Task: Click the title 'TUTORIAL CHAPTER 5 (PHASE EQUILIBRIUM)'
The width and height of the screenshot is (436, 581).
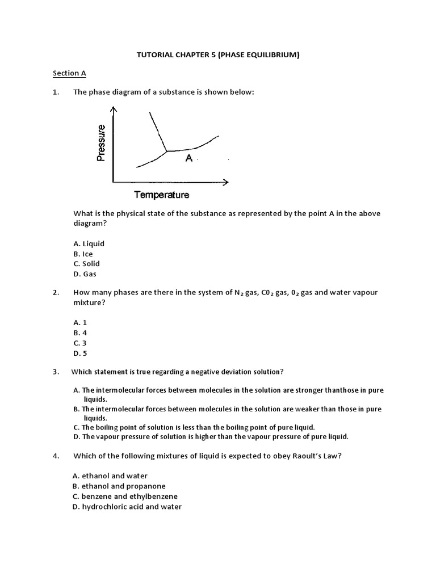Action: [x=219, y=55]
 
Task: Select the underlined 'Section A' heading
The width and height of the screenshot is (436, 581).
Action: [x=69, y=73]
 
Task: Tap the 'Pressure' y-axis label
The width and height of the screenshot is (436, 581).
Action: [x=102, y=143]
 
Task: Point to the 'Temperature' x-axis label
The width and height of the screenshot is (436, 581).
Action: [x=162, y=195]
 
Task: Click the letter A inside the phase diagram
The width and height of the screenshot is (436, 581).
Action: [x=189, y=159]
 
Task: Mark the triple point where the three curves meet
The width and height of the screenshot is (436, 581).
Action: [x=166, y=151]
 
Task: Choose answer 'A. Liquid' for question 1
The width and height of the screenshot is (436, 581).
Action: [x=89, y=243]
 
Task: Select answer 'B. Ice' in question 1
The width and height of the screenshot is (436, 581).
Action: [x=83, y=254]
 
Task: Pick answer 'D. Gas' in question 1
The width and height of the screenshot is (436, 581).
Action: [x=85, y=274]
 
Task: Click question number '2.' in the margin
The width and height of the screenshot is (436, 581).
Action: [x=56, y=293]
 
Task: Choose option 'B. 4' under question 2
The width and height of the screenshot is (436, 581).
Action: [x=80, y=332]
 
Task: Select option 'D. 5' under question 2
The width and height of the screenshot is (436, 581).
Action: [x=80, y=353]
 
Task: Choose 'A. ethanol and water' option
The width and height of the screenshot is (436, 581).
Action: [x=110, y=476]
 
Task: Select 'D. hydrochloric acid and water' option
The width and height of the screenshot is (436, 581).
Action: [x=127, y=507]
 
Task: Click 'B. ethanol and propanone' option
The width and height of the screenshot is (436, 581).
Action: [x=119, y=486]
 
